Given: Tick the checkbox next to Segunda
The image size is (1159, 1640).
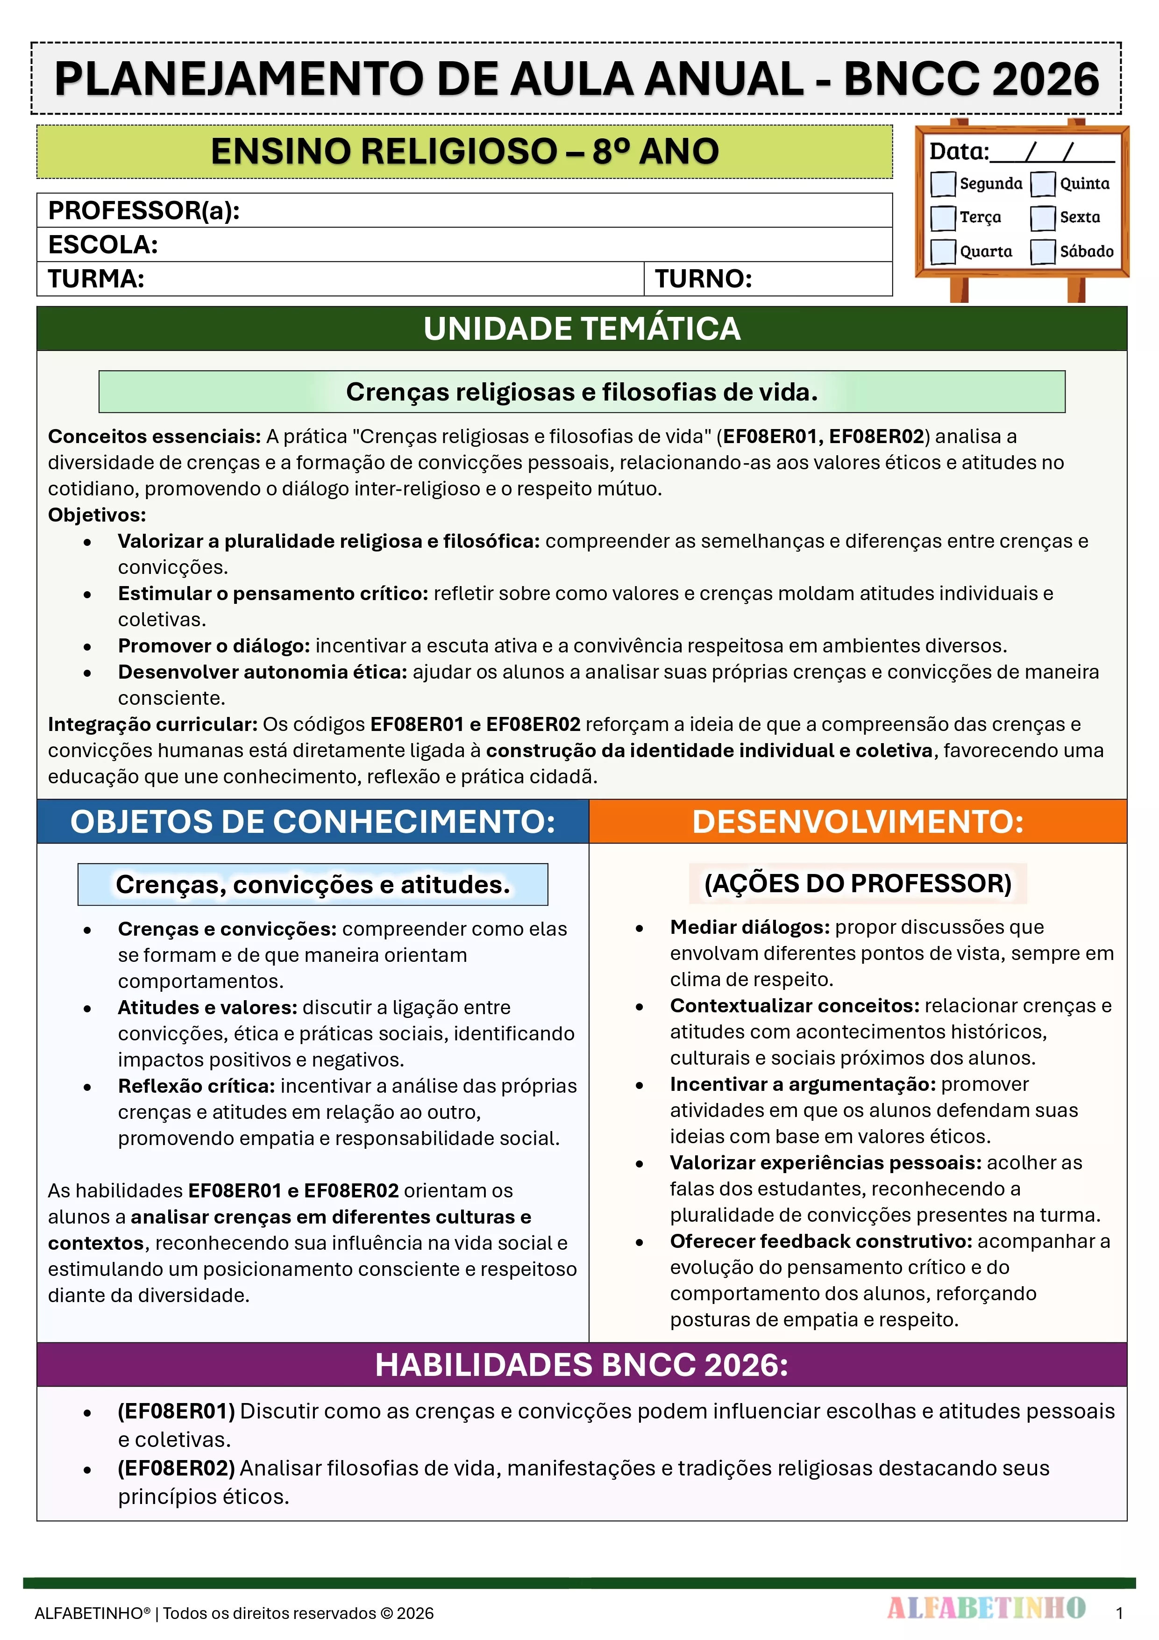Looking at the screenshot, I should click(943, 184).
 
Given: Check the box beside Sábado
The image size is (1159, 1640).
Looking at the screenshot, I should click(1043, 252).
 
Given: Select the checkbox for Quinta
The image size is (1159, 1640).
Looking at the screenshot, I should click(1043, 184).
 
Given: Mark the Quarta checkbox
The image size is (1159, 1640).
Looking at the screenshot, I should click(943, 252).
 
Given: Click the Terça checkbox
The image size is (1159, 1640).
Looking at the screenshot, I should click(943, 218).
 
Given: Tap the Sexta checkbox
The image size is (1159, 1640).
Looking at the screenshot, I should click(1043, 218).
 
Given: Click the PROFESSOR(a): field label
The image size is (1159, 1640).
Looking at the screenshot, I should click(143, 211).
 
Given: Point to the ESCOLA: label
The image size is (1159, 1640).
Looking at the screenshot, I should click(103, 245).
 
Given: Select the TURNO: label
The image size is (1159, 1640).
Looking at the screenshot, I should click(704, 279).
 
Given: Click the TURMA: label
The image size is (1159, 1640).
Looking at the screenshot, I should click(96, 279).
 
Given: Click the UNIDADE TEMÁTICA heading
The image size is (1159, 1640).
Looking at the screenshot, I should click(581, 329).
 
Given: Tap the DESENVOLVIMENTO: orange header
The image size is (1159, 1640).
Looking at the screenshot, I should click(858, 822).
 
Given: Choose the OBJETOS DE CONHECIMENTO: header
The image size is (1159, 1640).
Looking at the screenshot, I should click(313, 822).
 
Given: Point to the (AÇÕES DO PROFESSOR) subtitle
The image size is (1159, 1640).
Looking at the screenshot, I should click(858, 884).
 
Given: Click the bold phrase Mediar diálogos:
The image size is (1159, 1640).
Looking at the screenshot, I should click(749, 927).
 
